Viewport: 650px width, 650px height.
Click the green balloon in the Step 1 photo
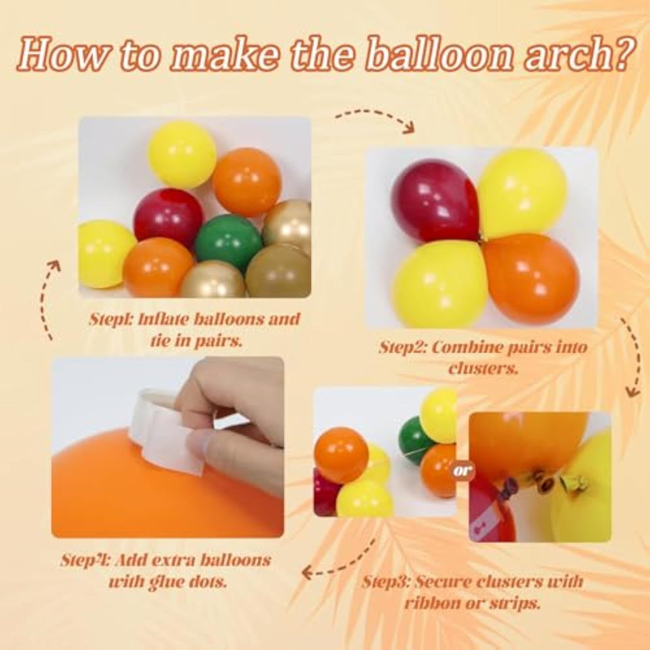(228, 242)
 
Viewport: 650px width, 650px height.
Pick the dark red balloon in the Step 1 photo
(168, 218)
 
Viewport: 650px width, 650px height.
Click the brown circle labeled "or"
(463, 471)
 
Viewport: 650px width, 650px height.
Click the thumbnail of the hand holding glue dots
(168, 447)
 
